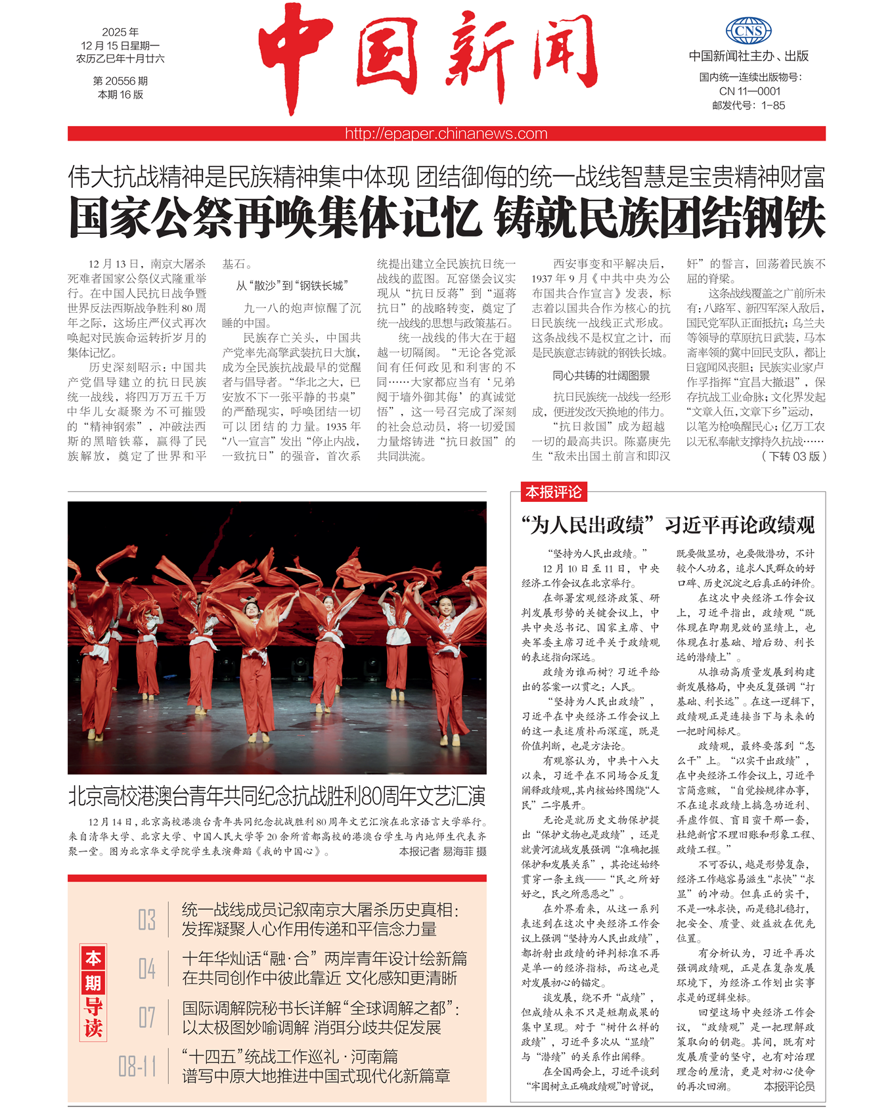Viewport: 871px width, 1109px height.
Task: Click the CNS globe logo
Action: point(748,31)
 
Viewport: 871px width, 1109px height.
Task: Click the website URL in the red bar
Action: point(446,134)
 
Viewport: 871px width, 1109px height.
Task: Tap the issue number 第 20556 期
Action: point(120,81)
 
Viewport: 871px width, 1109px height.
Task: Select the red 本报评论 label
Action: point(553,491)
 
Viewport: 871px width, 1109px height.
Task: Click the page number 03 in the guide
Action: point(146,919)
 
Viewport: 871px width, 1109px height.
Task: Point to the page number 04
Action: point(146,968)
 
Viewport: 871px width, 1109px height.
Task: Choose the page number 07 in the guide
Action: point(146,1018)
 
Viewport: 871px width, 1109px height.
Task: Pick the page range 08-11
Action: point(137,1066)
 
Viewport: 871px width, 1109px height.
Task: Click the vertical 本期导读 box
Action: point(93,992)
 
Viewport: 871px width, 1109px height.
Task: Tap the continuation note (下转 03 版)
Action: point(793,456)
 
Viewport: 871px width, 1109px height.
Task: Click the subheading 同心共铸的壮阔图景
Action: point(601,376)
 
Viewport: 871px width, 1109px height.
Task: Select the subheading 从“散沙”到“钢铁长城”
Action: point(291,286)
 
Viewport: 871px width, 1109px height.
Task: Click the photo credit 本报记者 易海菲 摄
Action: point(443,851)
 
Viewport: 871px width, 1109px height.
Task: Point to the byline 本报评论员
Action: point(789,1087)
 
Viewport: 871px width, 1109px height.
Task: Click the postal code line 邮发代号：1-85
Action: point(748,105)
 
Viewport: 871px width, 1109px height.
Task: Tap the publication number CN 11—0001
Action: point(749,91)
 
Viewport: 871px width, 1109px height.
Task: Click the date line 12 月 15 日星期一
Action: point(120,45)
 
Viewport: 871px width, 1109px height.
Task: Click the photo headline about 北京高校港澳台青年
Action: point(277,796)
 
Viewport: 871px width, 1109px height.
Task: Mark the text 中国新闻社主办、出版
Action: point(748,57)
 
